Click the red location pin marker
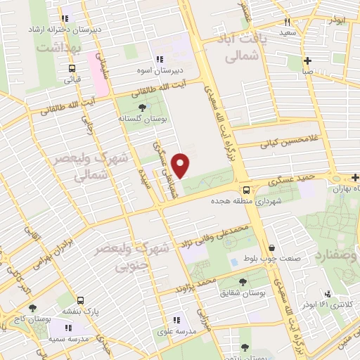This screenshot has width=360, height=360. pyautogui.click(x=181, y=165)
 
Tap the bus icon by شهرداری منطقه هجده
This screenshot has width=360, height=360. pyautogui.click(x=246, y=190)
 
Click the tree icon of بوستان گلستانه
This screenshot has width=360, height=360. pyautogui.click(x=143, y=108)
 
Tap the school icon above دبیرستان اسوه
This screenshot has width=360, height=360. pyautogui.click(x=160, y=60)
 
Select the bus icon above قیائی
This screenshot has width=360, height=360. pyautogui.click(x=72, y=68)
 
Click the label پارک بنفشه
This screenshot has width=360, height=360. pyautogui.click(x=77, y=311)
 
